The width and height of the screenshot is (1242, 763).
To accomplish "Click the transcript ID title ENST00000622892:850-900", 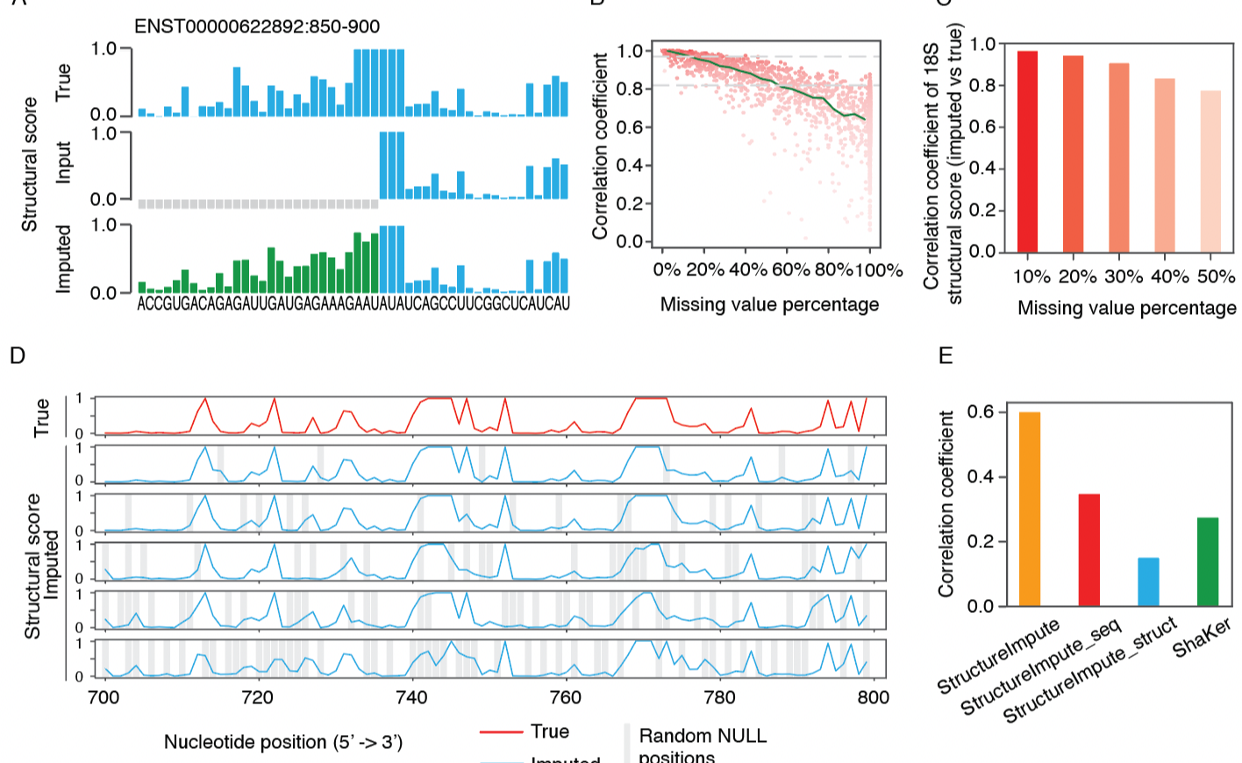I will point(256,26).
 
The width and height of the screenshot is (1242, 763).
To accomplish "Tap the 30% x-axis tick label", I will point(1124,277).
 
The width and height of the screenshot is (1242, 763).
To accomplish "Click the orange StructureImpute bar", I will point(1030,510).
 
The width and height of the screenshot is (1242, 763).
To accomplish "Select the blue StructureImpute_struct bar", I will point(1148,582).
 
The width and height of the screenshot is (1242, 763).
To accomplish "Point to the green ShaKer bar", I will point(1208,562).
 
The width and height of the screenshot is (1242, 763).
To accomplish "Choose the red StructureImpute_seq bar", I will point(1089,551).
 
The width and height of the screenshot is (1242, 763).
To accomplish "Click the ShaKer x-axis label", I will point(1203,638).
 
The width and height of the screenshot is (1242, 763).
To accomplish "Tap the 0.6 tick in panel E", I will point(981,412).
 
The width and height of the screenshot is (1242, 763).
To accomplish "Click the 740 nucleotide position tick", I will point(411,698).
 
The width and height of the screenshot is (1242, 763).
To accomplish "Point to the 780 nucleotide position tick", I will point(719,698).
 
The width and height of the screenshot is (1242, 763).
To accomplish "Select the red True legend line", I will point(501,732).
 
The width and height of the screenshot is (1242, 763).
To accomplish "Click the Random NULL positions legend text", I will point(702,745).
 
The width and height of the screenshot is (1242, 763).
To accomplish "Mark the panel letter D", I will point(17,355).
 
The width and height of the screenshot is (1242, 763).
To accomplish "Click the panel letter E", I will point(946,355).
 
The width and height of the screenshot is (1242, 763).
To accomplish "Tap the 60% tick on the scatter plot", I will point(790,270).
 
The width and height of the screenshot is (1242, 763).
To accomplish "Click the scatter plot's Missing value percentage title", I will point(769,305).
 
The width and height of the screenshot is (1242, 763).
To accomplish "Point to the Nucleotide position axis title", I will point(282,742).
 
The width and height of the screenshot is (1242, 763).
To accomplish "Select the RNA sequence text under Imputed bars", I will point(353,303).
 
